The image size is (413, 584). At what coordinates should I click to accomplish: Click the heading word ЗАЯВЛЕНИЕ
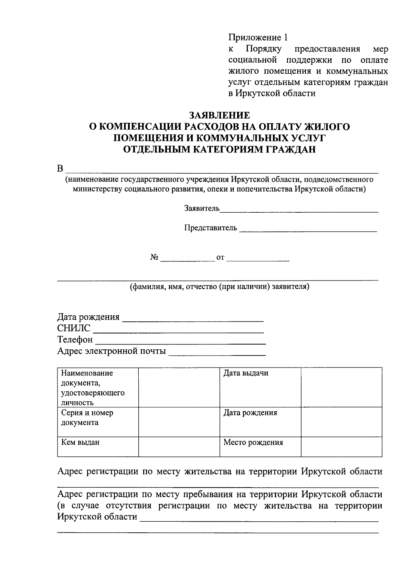coord(220,115)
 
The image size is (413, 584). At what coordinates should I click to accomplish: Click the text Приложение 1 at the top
coord(258,37)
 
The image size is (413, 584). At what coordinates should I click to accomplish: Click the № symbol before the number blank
coord(154,257)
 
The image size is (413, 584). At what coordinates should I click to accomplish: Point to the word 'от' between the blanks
coord(220,258)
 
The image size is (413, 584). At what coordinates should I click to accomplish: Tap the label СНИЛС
coord(74,328)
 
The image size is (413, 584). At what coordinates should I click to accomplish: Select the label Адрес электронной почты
coord(112,351)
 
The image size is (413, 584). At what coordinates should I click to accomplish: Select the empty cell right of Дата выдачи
coord(341,387)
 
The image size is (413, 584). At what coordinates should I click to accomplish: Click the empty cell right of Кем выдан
coord(179,447)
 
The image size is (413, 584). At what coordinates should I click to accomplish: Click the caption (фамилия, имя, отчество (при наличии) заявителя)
coord(219,286)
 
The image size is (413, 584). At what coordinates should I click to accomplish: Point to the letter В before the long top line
coord(60,169)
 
